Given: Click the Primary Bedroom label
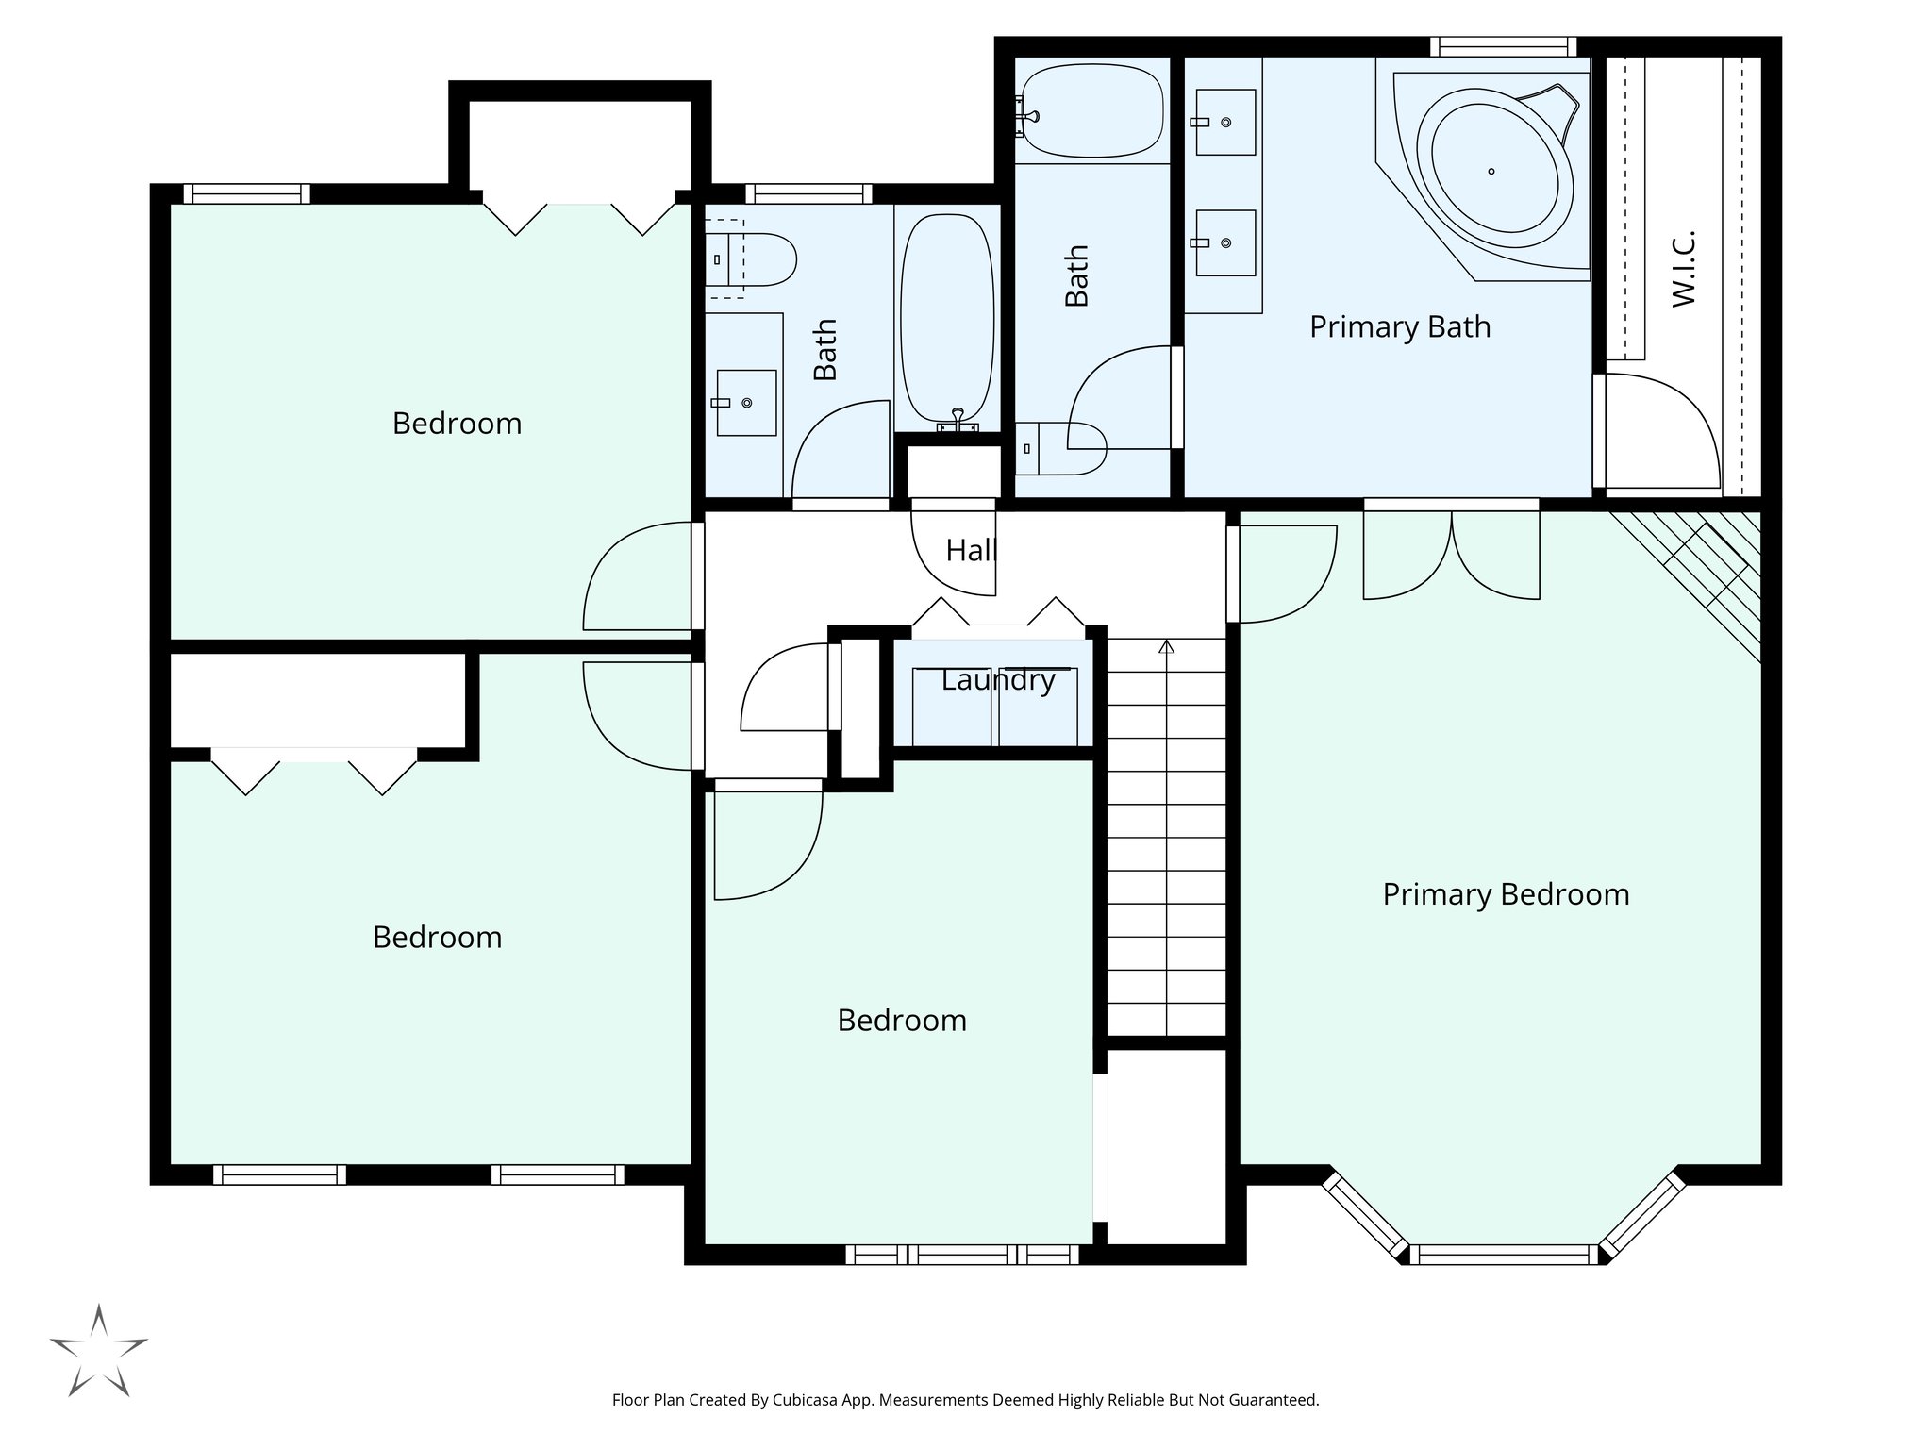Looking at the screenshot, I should click(1506, 894).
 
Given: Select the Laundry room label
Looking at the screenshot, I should click(997, 679).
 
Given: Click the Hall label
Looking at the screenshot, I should click(970, 550).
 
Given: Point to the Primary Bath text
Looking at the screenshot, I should click(1400, 326).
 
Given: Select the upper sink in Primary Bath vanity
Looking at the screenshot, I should click(1225, 123).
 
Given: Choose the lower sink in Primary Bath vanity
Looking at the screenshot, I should click(1225, 243).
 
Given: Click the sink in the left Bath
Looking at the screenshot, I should click(746, 403).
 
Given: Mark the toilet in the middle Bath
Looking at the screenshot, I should click(1066, 448).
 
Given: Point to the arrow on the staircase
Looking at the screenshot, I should click(1166, 647).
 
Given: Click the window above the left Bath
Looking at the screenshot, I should click(808, 194).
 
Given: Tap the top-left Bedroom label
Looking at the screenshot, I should click(457, 424).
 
